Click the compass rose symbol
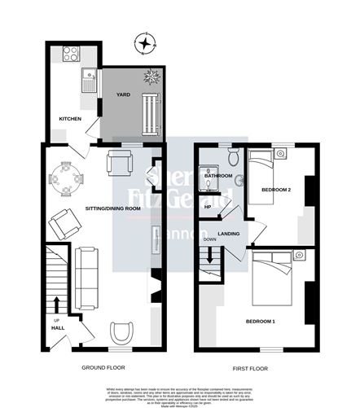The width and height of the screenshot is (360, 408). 146,43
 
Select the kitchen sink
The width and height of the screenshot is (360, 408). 88,80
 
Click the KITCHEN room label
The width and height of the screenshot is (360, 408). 70,119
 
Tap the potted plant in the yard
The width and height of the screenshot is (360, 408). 152,77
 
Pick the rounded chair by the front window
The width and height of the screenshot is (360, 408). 122,331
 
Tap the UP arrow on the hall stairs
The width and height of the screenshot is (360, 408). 55,308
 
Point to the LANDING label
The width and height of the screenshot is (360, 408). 228,235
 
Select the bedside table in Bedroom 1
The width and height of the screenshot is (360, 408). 298,257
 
